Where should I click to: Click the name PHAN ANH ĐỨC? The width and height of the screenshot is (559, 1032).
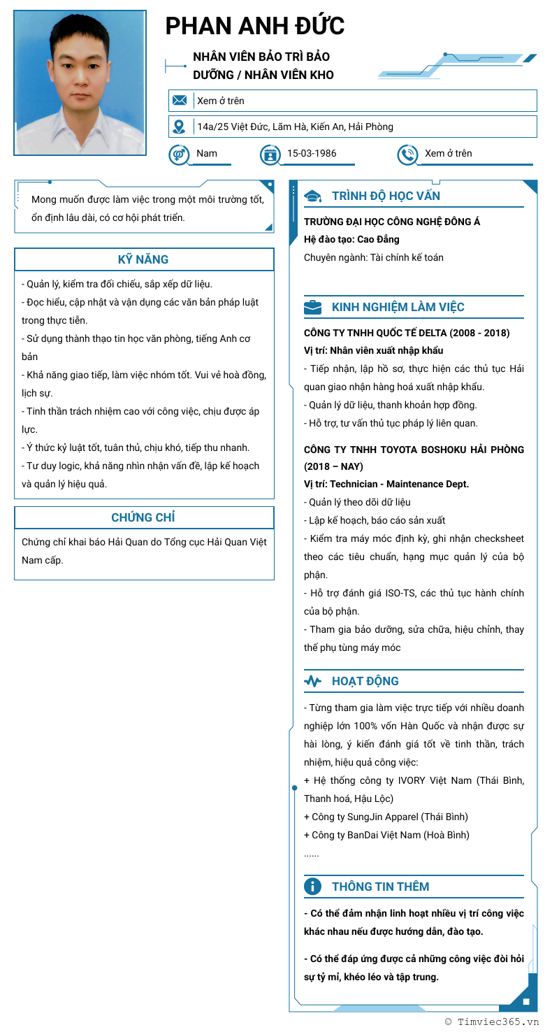tap(255, 26)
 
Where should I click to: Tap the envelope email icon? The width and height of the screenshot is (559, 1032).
tap(180, 101)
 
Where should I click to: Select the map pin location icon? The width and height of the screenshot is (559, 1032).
tap(180, 127)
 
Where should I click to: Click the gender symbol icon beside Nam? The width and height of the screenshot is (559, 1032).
tap(179, 154)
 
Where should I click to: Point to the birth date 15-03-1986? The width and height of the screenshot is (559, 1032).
tap(312, 153)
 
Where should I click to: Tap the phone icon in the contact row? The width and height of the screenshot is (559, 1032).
tap(407, 154)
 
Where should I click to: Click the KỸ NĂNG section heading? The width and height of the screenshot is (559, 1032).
tap(143, 259)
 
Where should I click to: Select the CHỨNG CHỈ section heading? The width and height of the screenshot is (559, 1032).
tap(143, 517)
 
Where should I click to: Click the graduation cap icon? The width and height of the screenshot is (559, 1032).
tap(312, 196)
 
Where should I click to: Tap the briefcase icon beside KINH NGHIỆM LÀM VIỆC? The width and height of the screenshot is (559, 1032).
tap(312, 307)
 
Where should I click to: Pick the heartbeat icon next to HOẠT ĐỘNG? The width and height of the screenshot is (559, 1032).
tap(312, 681)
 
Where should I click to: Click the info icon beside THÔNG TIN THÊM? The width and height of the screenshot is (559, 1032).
tap(312, 887)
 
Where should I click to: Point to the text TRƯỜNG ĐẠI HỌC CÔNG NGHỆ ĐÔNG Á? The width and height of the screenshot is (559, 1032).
tap(392, 222)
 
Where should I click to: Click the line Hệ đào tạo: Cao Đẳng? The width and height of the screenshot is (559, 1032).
tap(351, 239)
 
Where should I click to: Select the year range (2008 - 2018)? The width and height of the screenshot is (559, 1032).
tap(479, 333)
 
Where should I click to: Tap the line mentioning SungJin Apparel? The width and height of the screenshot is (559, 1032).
tap(386, 817)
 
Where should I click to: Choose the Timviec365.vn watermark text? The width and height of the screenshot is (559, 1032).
tap(498, 1022)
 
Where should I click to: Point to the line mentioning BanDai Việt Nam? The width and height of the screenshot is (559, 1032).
tap(386, 835)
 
